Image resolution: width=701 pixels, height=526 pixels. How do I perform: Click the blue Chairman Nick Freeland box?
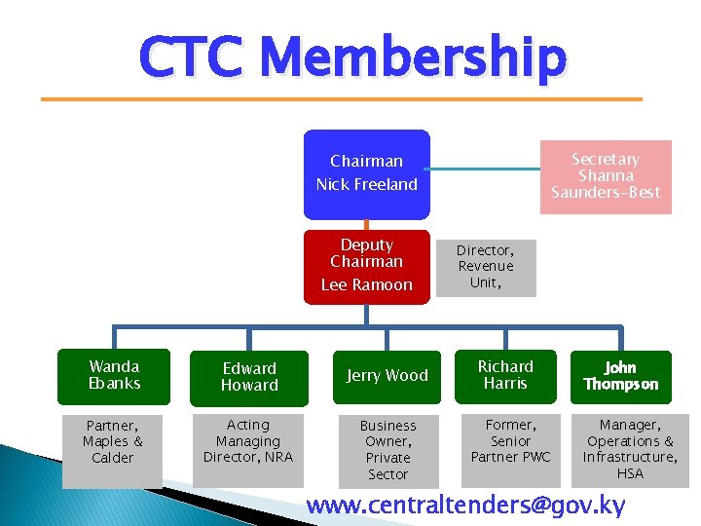(366, 173)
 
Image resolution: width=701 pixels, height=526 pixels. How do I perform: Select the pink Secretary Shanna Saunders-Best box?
(605, 176)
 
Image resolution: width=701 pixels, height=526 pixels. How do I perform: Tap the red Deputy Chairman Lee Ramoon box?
(366, 266)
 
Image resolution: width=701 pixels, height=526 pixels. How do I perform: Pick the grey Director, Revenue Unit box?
(485, 267)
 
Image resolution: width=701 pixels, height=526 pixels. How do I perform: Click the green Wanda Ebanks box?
(114, 376)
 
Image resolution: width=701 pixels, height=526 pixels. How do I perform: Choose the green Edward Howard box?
(249, 378)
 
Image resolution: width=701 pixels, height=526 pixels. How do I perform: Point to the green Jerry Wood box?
(387, 376)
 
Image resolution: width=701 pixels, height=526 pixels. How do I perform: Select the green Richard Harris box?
(505, 376)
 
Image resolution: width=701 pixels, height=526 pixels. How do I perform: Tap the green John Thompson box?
(620, 377)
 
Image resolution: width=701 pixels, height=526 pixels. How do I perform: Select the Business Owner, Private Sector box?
(387, 450)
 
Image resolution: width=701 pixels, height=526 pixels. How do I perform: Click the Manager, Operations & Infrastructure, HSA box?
(630, 450)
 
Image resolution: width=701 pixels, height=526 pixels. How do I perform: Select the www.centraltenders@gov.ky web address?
(465, 506)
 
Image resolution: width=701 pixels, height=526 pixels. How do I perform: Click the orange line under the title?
(341, 99)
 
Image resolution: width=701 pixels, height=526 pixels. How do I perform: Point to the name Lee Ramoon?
(366, 284)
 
